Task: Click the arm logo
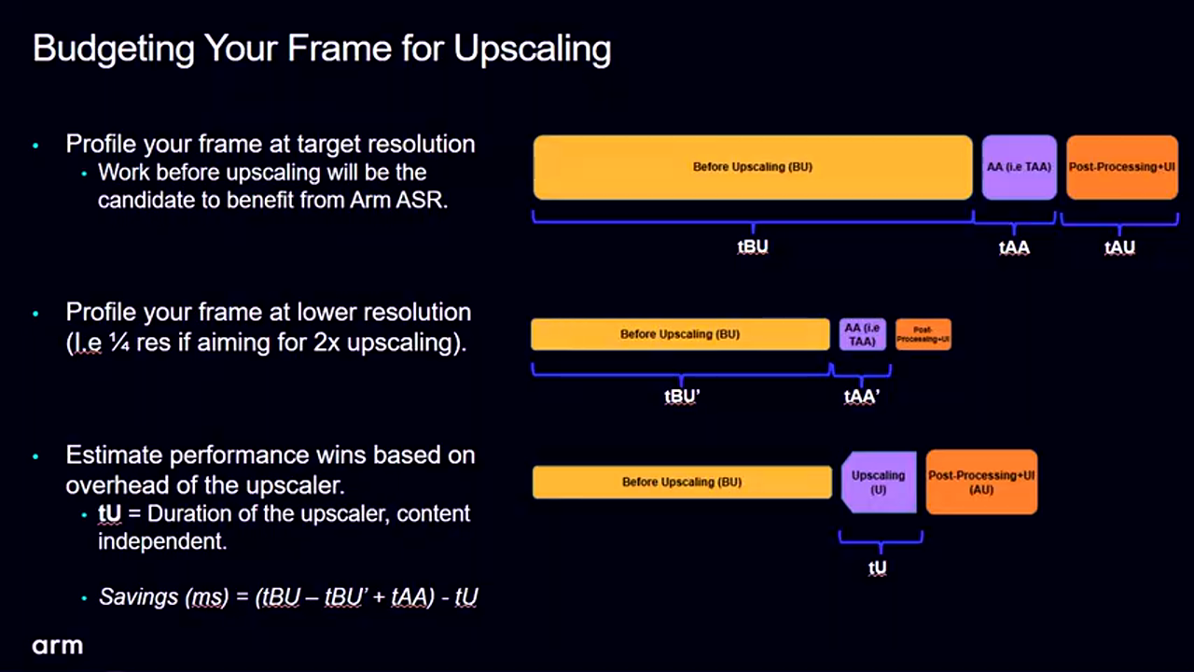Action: click(58, 646)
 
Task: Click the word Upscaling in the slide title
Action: click(532, 49)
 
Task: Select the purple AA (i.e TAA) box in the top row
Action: click(1020, 167)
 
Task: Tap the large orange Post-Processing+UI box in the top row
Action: click(1122, 167)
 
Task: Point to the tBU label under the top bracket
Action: click(753, 247)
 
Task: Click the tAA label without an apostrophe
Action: click(1014, 247)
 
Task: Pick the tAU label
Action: click(1119, 247)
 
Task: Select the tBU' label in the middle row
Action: click(682, 397)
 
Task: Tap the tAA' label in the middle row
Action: click(861, 397)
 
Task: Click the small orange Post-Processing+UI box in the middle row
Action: click(923, 334)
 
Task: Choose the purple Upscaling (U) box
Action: click(879, 483)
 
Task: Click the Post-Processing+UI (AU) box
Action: click(981, 483)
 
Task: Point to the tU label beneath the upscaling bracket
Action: click(878, 568)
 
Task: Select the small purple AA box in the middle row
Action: click(863, 334)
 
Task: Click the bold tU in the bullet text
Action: click(109, 513)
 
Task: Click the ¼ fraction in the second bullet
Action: click(119, 343)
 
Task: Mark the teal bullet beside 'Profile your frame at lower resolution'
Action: click(35, 314)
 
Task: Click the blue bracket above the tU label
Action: click(881, 541)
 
